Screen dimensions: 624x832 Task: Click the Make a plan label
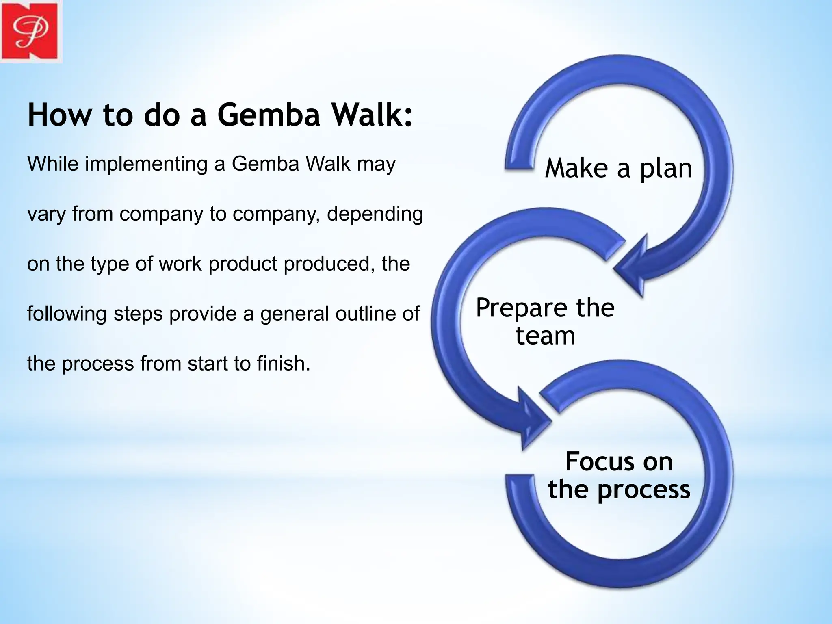coord(618,168)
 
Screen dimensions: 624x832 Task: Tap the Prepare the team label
coord(545,321)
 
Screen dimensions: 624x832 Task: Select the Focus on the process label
coord(619,475)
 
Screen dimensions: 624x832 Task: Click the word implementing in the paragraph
coord(146,164)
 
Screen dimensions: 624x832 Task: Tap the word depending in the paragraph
coord(375,214)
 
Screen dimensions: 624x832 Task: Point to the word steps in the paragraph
coord(139,314)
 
